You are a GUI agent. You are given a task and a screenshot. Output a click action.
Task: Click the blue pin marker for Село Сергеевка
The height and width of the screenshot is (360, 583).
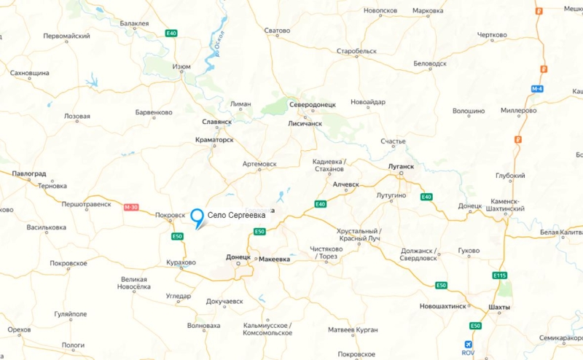[197, 216]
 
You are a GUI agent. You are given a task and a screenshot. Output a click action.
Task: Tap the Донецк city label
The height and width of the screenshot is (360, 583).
[238, 258]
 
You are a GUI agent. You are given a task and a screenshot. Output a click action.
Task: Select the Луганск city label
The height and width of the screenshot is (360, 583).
[401, 166]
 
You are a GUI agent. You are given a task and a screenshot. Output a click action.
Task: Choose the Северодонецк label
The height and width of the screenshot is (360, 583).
[312, 105]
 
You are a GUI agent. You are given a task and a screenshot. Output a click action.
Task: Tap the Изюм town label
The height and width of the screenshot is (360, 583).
[181, 67]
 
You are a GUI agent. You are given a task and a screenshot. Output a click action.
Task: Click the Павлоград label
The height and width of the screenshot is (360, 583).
[29, 174]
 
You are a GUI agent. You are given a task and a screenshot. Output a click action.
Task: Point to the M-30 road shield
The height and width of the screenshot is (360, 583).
[131, 207]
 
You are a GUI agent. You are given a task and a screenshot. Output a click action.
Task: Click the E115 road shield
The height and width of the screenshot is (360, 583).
[499, 275]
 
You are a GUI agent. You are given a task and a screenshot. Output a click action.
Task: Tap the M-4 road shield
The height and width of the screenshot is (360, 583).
[537, 88]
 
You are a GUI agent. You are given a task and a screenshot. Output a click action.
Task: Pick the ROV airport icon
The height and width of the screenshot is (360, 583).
[467, 344]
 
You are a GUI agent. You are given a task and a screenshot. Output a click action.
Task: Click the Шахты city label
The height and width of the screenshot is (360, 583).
[500, 307]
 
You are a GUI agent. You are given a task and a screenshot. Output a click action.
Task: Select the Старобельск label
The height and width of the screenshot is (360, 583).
[356, 52]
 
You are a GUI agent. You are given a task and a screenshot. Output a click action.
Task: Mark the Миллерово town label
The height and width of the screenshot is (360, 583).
[519, 111]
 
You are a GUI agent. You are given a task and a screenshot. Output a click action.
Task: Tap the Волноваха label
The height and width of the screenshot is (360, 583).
[203, 325]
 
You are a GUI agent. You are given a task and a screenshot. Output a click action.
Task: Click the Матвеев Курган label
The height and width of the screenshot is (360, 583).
[353, 330]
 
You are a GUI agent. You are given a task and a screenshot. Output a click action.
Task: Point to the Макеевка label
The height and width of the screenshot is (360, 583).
[274, 259]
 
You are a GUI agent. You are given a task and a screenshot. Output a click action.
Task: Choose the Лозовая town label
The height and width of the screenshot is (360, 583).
[77, 116]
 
